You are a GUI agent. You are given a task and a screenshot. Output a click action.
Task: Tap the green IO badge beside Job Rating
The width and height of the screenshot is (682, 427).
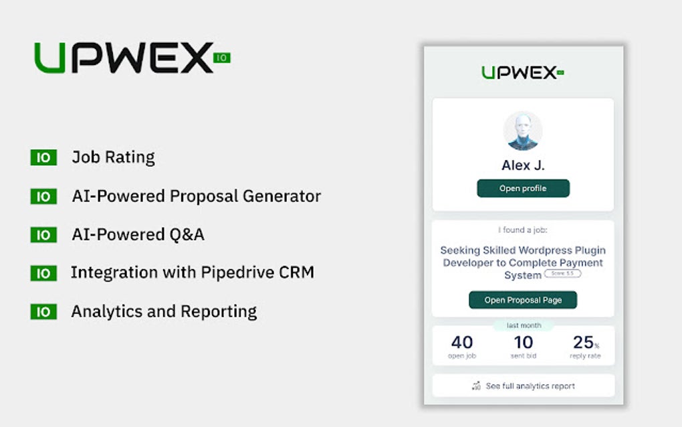coord(43,158)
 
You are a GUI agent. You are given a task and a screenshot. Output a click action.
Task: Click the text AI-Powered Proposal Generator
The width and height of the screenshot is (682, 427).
coord(197,196)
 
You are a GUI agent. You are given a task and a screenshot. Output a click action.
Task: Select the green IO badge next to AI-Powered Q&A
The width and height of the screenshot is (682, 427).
coord(43,235)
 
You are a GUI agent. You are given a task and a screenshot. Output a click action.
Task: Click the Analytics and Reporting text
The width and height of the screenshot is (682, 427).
coord(164,311)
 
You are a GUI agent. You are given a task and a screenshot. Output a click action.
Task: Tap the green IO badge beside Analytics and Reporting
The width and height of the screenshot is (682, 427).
coord(43,312)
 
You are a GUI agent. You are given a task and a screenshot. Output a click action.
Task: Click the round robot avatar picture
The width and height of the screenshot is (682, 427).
coord(523,131)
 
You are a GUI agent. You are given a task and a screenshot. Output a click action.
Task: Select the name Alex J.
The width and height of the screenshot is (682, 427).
coord(523,165)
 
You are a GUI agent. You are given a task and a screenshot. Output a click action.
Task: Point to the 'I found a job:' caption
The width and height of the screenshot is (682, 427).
coord(523,230)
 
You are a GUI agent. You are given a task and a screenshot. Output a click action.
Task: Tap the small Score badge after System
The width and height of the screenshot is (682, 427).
coord(562,274)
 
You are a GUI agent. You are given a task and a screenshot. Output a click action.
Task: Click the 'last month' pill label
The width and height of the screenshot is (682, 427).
coord(523,326)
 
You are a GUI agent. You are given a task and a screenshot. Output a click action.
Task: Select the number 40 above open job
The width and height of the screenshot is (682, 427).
coord(462,342)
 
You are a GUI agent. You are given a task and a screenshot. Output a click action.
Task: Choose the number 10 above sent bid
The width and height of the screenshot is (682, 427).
coord(523,342)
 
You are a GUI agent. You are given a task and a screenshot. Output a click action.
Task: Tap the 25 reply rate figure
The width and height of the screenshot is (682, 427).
coord(583,342)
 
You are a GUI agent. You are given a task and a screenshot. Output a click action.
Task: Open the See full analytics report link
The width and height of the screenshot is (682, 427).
coord(530,386)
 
